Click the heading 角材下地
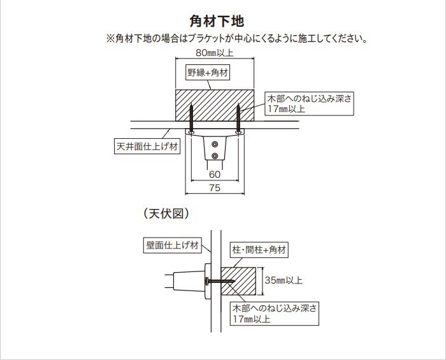217,21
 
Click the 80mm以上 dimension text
215,53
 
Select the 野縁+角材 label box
208,73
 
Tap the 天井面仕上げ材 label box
147,147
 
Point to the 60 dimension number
215,174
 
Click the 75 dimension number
215,188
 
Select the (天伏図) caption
166,213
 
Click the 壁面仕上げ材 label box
173,245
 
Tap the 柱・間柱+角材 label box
259,250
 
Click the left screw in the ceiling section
191,119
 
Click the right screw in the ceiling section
238,119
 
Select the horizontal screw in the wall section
219,281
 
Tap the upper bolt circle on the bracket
215,145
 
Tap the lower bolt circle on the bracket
215,155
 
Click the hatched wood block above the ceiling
215,105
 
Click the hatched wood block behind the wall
239,281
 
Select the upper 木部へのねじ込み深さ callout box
309,103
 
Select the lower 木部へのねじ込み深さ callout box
275,313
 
